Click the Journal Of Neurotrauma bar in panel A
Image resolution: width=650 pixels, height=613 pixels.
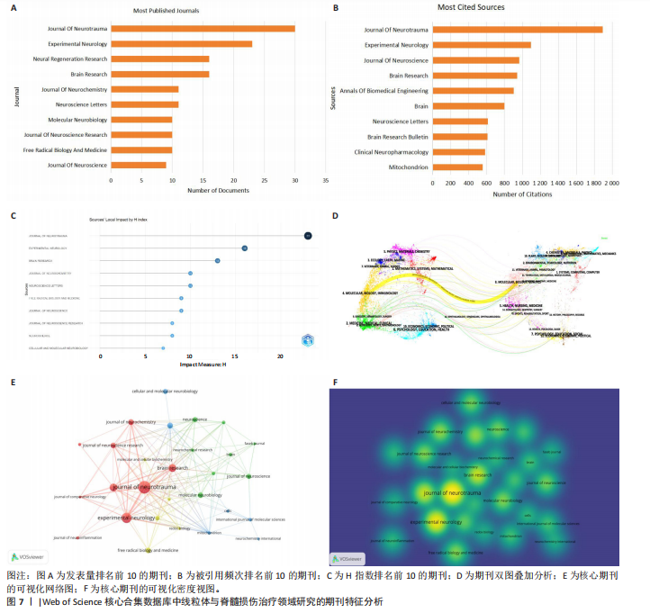(203, 28)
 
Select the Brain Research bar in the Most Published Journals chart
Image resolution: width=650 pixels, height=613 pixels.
(160, 74)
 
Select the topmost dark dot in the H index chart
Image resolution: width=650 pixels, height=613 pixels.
(308, 236)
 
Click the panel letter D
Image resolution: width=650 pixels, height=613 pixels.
(335, 216)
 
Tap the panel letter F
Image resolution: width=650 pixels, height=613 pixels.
(335, 382)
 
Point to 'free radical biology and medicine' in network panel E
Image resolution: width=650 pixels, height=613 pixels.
(147, 549)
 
